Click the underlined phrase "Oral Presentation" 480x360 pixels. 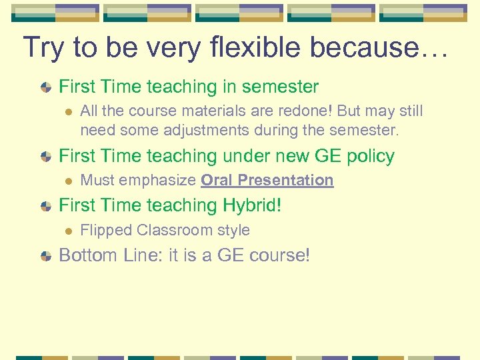tap(267, 180)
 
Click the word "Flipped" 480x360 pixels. tap(106, 230)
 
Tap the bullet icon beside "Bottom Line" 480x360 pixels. tap(46, 256)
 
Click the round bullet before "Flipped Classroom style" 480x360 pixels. tap(66, 231)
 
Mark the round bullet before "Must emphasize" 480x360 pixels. tap(66, 181)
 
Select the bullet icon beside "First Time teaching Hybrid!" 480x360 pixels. tap(46, 206)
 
